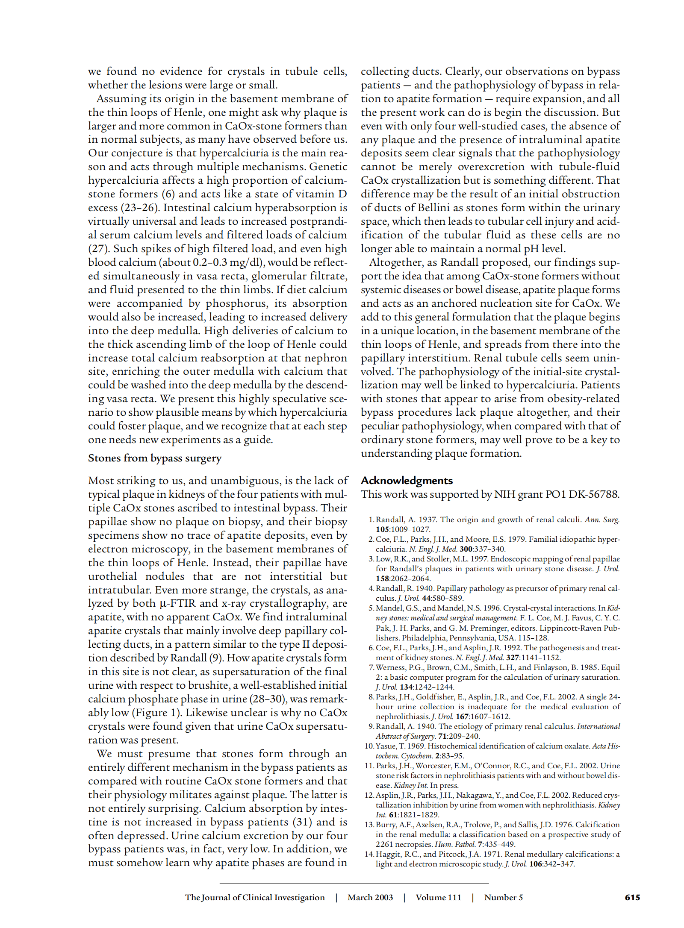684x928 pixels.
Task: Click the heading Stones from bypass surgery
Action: (154, 458)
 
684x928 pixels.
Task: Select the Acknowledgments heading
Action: (406, 481)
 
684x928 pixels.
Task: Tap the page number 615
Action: (632, 897)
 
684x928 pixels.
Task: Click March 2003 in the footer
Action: (370, 897)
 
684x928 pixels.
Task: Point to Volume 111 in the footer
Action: (438, 897)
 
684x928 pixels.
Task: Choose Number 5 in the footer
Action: (503, 897)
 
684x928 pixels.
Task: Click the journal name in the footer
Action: (255, 897)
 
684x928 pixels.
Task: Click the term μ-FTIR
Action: (177, 603)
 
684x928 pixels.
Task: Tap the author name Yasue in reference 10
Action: (386, 746)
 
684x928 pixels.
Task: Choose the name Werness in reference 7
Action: (391, 667)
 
